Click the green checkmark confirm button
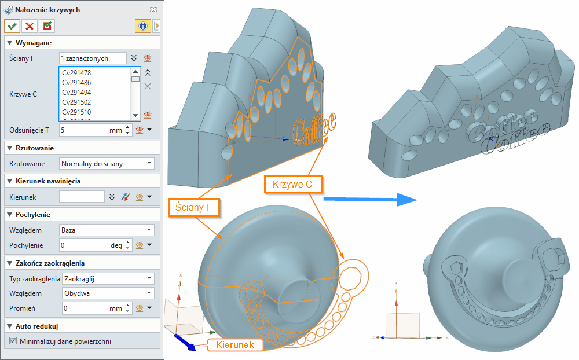[x=12, y=26]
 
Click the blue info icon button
[x=142, y=26]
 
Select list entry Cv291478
[x=76, y=73]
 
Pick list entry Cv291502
[x=76, y=102]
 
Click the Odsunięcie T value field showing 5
[x=84, y=130]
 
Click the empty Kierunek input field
[x=82, y=197]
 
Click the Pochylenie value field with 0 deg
[x=84, y=245]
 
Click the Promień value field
[x=84, y=308]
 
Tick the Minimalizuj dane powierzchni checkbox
[x=13, y=341]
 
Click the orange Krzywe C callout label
[x=293, y=185]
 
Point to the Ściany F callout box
[x=194, y=207]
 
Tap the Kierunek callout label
[x=235, y=345]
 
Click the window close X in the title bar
[x=153, y=10]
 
